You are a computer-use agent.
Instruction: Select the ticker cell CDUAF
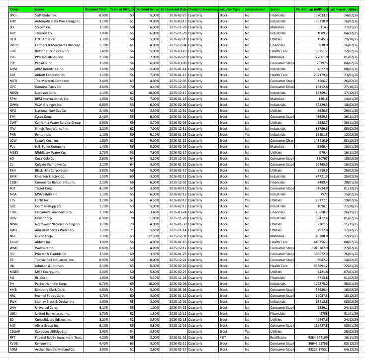[x=15, y=331]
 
